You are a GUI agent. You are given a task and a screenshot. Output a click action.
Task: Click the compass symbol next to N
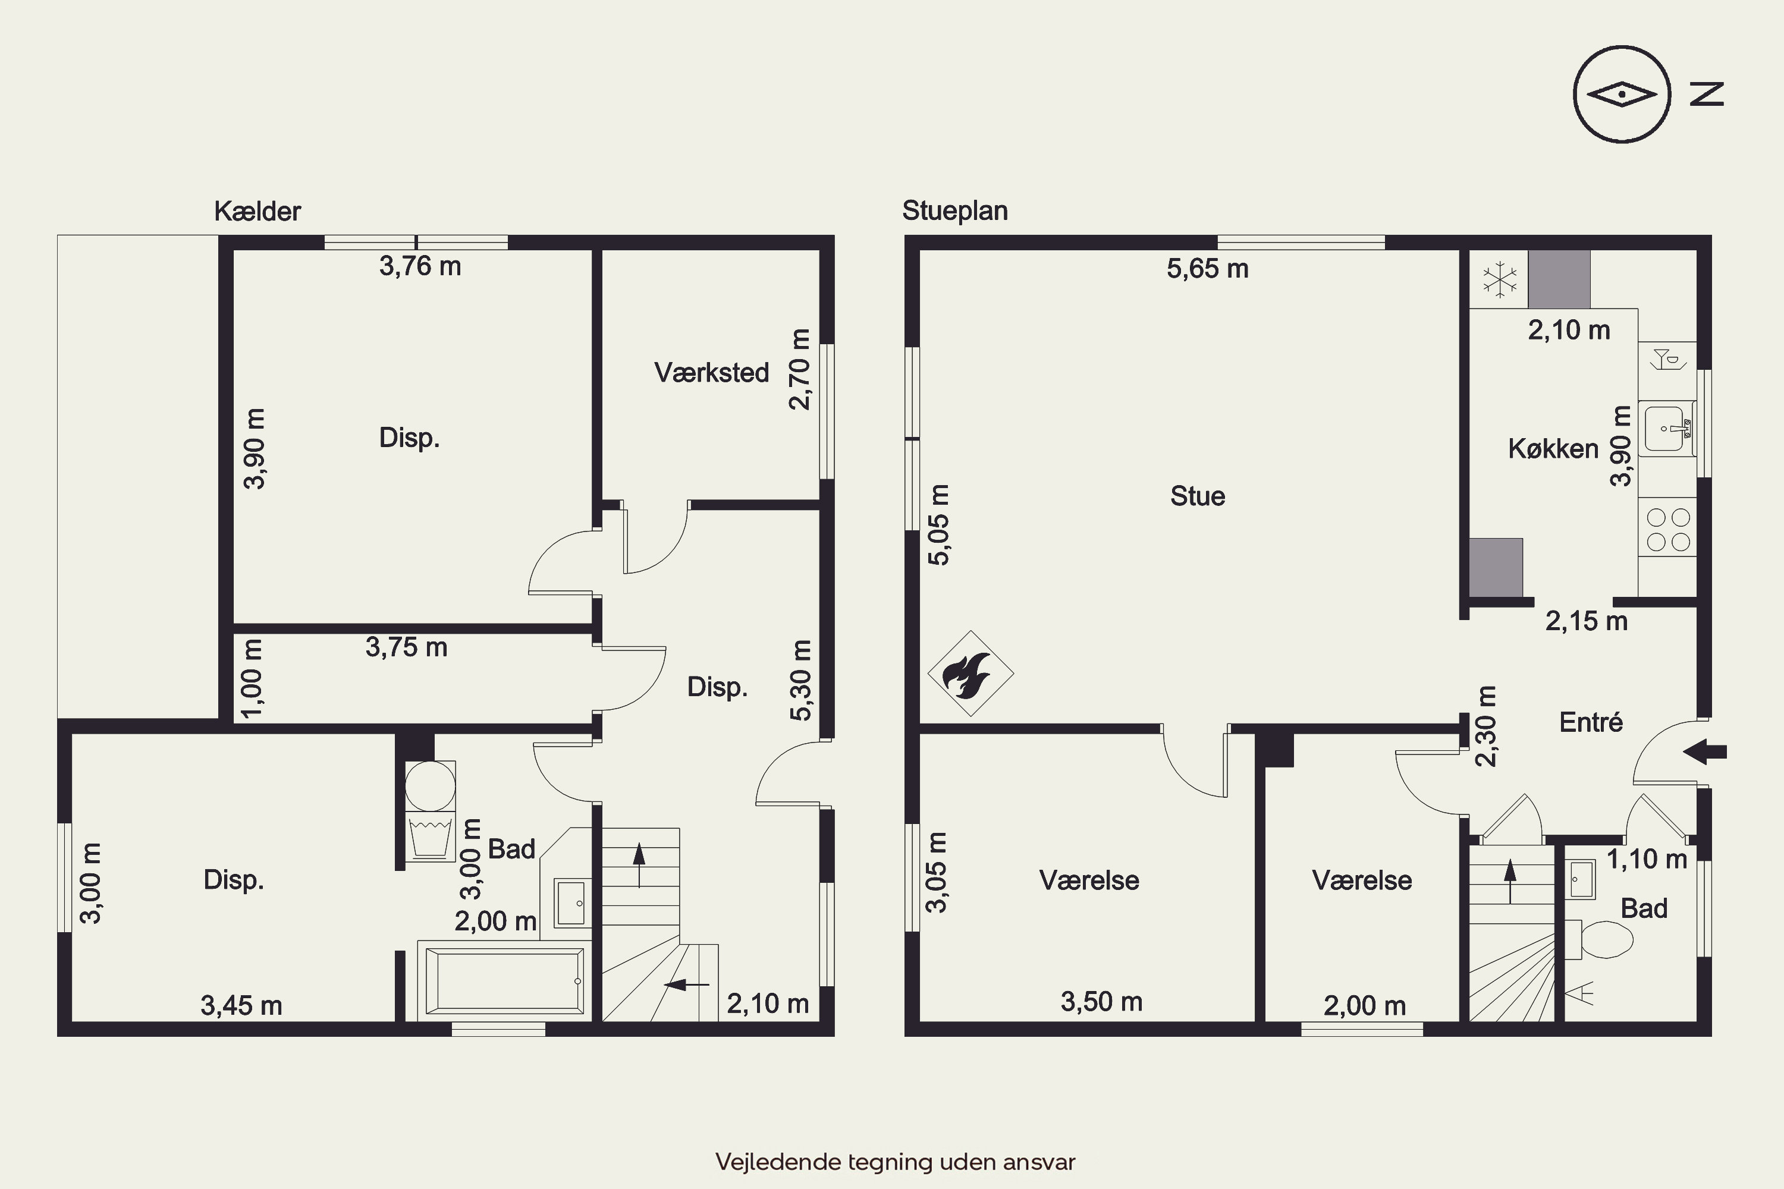pyautogui.click(x=1622, y=95)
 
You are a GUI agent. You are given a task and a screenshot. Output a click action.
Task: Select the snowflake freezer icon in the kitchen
pyautogui.click(x=1500, y=279)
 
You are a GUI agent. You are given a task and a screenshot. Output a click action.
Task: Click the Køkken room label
pyautogui.click(x=1553, y=449)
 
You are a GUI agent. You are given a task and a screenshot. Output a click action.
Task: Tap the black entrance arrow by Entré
pyautogui.click(x=1704, y=752)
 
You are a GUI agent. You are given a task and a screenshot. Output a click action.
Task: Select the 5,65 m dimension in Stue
pyautogui.click(x=1208, y=269)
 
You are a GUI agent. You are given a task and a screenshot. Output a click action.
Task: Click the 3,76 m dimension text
pyautogui.click(x=420, y=266)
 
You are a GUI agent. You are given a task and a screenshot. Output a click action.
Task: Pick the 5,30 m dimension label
pyautogui.click(x=801, y=680)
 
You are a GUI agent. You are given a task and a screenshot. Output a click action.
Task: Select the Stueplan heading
pyautogui.click(x=955, y=211)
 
